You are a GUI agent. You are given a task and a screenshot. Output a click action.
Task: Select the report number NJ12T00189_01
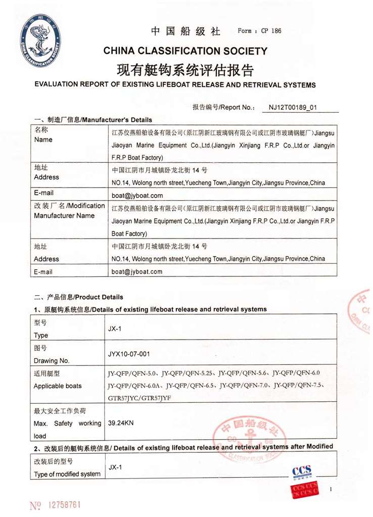tap(293, 108)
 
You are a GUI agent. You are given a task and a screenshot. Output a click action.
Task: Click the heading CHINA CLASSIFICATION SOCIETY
tap(185, 51)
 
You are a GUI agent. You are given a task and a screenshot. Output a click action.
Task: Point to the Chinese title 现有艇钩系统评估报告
tap(185, 69)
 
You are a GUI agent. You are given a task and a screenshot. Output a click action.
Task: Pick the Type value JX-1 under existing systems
tap(115, 328)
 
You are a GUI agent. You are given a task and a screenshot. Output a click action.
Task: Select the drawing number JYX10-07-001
tap(129, 354)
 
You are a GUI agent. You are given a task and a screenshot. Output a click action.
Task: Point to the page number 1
tap(331, 489)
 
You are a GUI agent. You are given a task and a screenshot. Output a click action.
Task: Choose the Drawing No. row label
tap(52, 360)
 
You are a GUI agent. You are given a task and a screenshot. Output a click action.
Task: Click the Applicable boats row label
tap(58, 386)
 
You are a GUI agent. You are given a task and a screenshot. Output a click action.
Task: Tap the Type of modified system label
tap(67, 474)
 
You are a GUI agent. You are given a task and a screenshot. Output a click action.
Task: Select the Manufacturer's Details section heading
tap(92, 120)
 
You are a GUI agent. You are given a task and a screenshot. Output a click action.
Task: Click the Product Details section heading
tap(78, 297)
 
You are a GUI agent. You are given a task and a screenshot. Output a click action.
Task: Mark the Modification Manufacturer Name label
tap(69, 211)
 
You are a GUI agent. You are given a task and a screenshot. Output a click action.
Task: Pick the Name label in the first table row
tap(43, 139)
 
